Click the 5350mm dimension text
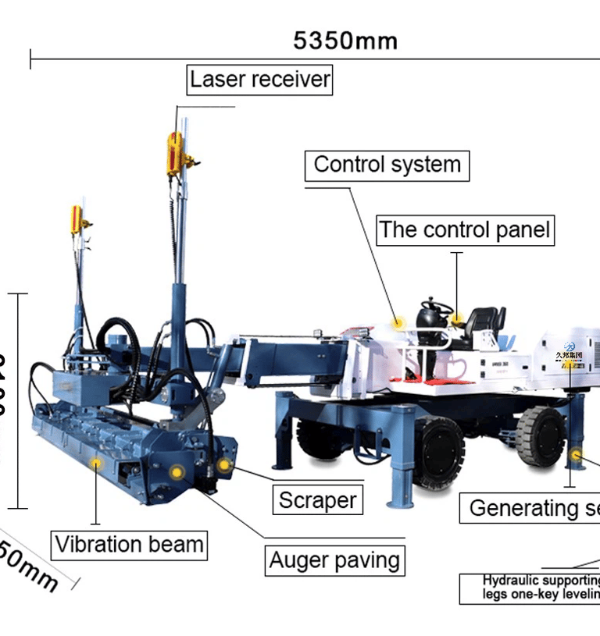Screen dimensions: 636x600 point(345,41)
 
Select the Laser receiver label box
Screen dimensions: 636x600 point(260,80)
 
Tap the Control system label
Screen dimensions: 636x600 point(387,165)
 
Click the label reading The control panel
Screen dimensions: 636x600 point(465,230)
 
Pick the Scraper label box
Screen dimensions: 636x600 point(317,500)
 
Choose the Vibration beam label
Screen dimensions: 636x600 point(130,544)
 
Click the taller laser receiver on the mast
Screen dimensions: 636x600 point(175,152)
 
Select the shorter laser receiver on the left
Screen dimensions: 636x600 point(77,220)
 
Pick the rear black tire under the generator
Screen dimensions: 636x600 point(541,435)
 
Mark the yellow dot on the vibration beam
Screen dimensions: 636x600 point(97,464)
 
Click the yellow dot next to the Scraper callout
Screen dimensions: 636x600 point(224,465)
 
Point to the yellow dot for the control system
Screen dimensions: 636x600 point(399,322)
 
